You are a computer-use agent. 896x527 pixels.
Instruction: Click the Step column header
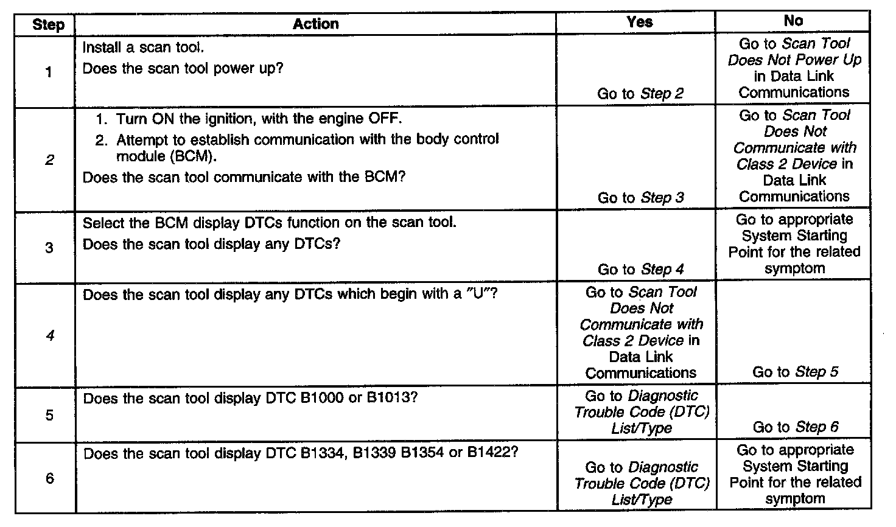click(48, 26)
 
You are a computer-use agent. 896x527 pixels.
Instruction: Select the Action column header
click(315, 24)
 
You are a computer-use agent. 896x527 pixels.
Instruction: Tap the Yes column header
click(639, 22)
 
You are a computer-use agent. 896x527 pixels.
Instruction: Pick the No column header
click(793, 21)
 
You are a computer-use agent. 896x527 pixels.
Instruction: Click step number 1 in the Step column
click(49, 72)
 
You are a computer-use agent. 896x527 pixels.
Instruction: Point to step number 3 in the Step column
click(49, 247)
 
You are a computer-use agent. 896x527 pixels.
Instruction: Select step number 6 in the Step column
click(49, 478)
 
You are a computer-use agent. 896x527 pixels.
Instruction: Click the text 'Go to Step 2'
click(640, 93)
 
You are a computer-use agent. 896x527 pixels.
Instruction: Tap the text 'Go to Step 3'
click(640, 198)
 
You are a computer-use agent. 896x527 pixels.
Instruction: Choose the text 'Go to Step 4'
click(640, 269)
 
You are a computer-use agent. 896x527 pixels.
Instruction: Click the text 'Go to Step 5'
click(795, 372)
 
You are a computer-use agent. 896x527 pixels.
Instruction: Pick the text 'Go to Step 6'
click(795, 427)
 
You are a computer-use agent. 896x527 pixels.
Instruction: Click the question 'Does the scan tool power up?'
click(183, 68)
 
